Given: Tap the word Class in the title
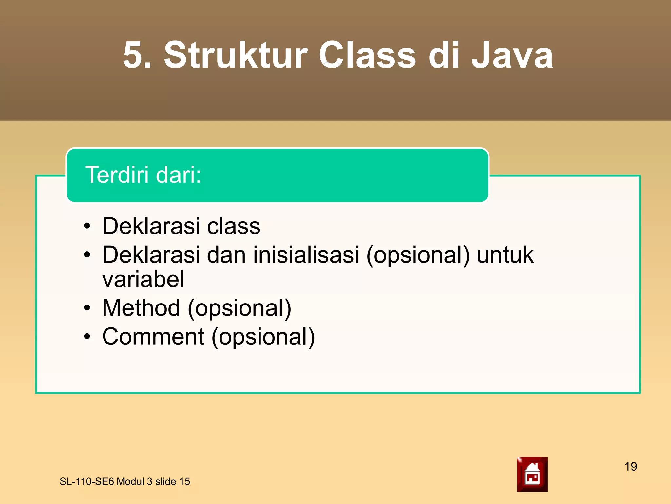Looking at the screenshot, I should point(367,55).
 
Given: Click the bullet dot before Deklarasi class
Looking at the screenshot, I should point(87,226).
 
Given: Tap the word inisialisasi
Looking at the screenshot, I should point(306,255).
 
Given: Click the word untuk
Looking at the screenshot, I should point(505,255).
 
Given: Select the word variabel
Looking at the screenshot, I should point(143,280).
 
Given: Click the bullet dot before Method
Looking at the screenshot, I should point(87,308).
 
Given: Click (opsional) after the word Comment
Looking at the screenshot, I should point(263,337).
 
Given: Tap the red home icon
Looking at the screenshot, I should point(532,474).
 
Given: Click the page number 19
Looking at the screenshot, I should point(630,466).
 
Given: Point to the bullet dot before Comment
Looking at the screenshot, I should point(87,337).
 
